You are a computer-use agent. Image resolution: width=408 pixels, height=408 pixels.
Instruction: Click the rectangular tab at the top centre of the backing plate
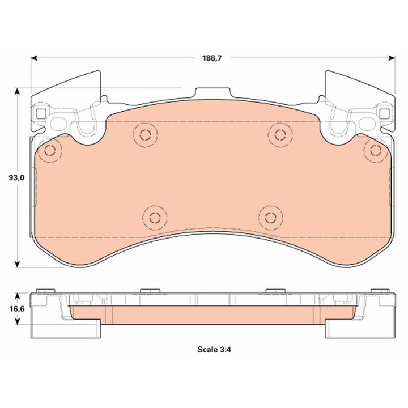pyautogui.click(x=212, y=93)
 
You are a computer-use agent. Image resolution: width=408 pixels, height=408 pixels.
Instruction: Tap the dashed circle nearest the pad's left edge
pyautogui.click(x=50, y=150)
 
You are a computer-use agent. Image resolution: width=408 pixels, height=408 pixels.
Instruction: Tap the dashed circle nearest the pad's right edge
pyautogui.click(x=374, y=150)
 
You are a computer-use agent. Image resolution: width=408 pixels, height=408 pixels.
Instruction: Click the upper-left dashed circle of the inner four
pyautogui.click(x=144, y=135)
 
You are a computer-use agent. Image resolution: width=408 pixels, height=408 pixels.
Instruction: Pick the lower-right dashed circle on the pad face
pyautogui.click(x=270, y=217)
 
